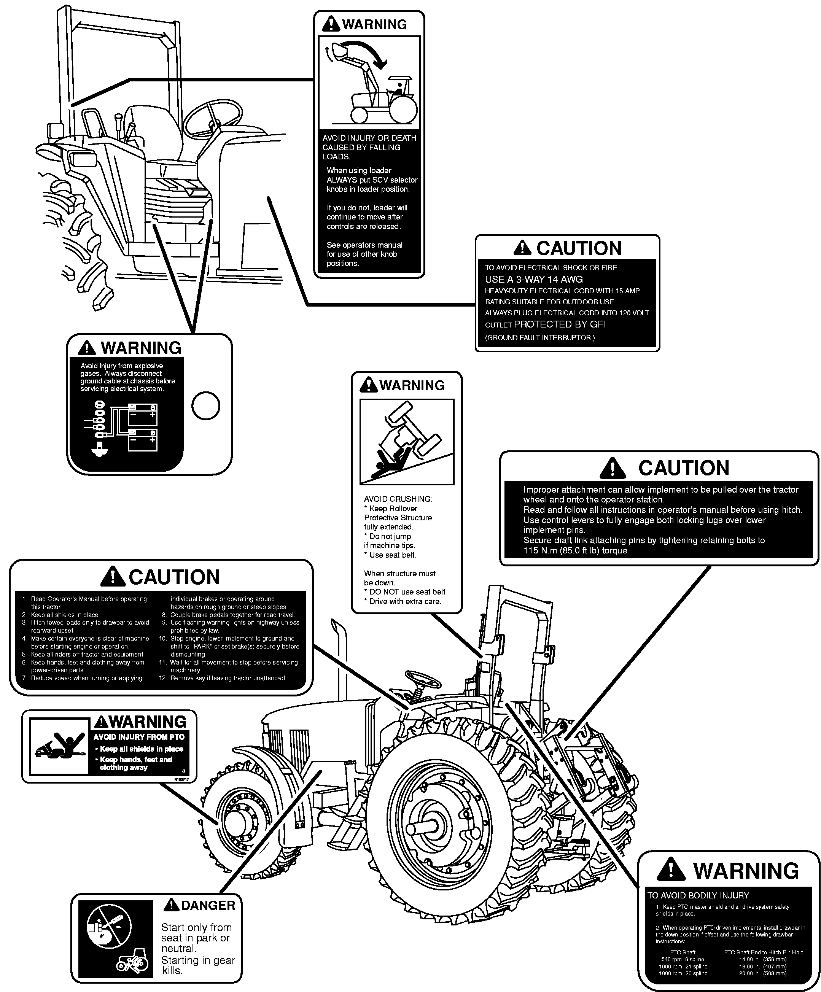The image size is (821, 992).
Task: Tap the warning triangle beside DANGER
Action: pyautogui.click(x=171, y=905)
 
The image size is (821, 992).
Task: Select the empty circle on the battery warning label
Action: pyautogui.click(x=205, y=406)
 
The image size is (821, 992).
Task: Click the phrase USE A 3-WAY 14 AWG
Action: pyautogui.click(x=534, y=279)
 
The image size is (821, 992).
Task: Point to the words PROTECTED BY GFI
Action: pyautogui.click(x=559, y=324)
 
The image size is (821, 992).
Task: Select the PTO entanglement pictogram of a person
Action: pyautogui.click(x=59, y=747)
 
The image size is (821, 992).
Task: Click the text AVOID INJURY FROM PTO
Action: pyautogui.click(x=139, y=737)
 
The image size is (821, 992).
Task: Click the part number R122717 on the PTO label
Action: pyautogui.click(x=181, y=779)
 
